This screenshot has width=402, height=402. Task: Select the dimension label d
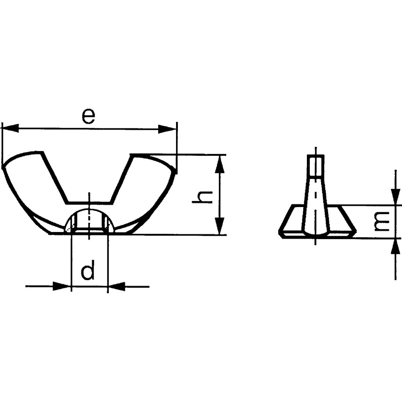tap(88, 273)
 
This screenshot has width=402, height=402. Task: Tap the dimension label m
tap(382, 221)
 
